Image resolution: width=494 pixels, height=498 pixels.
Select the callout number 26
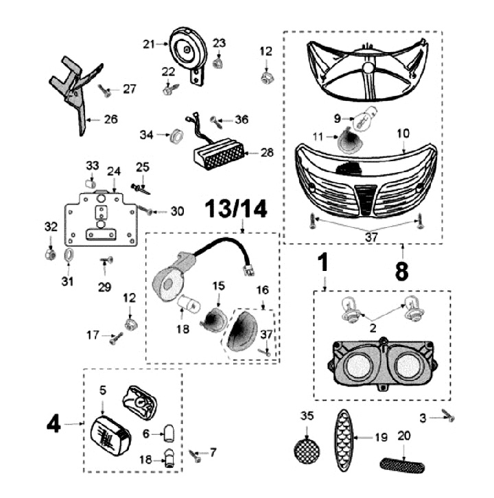110,119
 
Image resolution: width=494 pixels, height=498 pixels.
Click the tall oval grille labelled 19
344,442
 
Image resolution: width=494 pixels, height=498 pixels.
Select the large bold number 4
54,425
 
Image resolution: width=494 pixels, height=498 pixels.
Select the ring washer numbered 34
175,134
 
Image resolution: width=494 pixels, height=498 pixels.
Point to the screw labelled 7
196,454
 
